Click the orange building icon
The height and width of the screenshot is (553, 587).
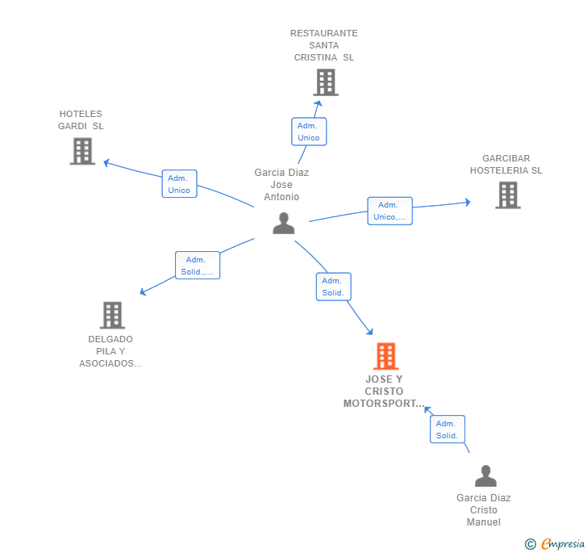click(386, 356)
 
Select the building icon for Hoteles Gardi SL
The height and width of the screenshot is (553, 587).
click(83, 151)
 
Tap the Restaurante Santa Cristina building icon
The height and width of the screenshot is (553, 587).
click(326, 82)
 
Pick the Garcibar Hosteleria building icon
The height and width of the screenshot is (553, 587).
click(508, 195)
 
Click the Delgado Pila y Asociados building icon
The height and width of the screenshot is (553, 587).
click(112, 315)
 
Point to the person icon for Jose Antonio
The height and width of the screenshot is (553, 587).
click(284, 223)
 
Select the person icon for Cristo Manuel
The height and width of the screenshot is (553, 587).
click(485, 475)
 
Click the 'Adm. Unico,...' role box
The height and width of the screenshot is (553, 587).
click(389, 211)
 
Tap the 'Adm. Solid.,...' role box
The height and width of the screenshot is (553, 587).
click(198, 266)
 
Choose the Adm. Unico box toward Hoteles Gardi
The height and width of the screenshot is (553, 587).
click(179, 184)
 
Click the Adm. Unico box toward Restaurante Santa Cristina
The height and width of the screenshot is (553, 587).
click(309, 132)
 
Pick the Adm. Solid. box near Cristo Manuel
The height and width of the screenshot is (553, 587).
click(448, 429)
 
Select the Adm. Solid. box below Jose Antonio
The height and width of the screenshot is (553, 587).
click(334, 287)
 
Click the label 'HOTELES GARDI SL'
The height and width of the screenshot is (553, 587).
click(81, 120)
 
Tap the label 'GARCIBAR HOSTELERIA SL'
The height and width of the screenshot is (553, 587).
click(506, 164)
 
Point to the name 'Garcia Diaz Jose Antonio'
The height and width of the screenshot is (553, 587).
click(281, 184)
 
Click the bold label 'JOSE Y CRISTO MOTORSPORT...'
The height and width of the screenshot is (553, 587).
click(384, 391)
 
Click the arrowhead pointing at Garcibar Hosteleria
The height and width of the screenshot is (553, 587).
click(468, 202)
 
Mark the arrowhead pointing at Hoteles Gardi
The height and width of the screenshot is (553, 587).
click(106, 163)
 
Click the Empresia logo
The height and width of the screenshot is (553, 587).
click(555, 543)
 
